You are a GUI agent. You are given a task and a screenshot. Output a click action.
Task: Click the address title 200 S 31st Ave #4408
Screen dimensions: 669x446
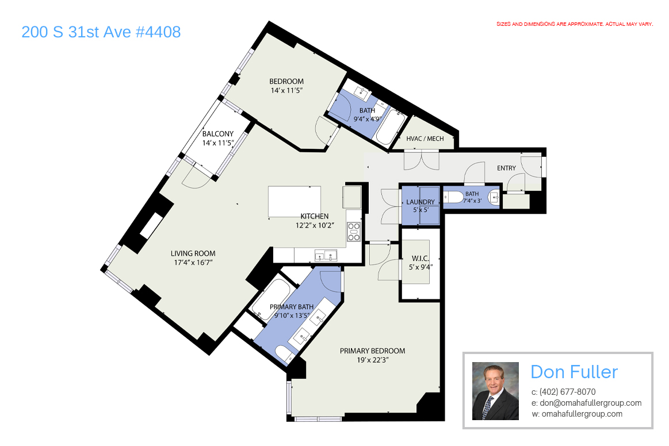click(x=101, y=32)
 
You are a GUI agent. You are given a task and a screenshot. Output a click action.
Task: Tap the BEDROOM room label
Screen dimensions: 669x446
click(x=286, y=82)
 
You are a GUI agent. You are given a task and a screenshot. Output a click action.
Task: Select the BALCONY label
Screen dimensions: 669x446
click(x=217, y=134)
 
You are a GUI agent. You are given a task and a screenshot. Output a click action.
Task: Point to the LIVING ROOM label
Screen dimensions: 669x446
click(x=193, y=253)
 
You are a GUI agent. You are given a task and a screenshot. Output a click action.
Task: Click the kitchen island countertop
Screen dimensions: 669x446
click(x=295, y=202)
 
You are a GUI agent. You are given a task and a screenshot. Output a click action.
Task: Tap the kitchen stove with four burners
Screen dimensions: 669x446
click(x=353, y=232)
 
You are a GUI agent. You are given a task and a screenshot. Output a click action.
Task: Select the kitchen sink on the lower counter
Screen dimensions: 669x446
click(x=326, y=256)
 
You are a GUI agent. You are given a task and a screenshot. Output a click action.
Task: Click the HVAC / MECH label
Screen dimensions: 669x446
click(x=425, y=139)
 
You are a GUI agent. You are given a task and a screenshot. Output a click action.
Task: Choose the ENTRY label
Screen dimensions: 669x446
click(x=506, y=168)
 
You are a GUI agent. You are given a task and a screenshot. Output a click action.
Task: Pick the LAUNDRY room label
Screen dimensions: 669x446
click(x=420, y=202)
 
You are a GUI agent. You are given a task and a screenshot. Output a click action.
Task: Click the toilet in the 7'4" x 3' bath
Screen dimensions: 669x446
click(x=453, y=197)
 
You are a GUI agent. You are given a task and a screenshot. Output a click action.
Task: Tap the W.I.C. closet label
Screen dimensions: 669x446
click(x=420, y=259)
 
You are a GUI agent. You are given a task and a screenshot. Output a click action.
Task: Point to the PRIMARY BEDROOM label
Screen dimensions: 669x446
click(x=373, y=351)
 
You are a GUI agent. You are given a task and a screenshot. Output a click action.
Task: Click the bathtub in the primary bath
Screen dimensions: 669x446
click(x=272, y=299)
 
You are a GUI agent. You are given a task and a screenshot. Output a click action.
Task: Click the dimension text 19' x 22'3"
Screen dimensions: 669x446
click(x=373, y=360)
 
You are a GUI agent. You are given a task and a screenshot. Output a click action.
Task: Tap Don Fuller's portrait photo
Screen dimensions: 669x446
click(x=495, y=391)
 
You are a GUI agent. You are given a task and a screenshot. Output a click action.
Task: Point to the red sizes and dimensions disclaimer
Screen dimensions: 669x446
click(x=575, y=24)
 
